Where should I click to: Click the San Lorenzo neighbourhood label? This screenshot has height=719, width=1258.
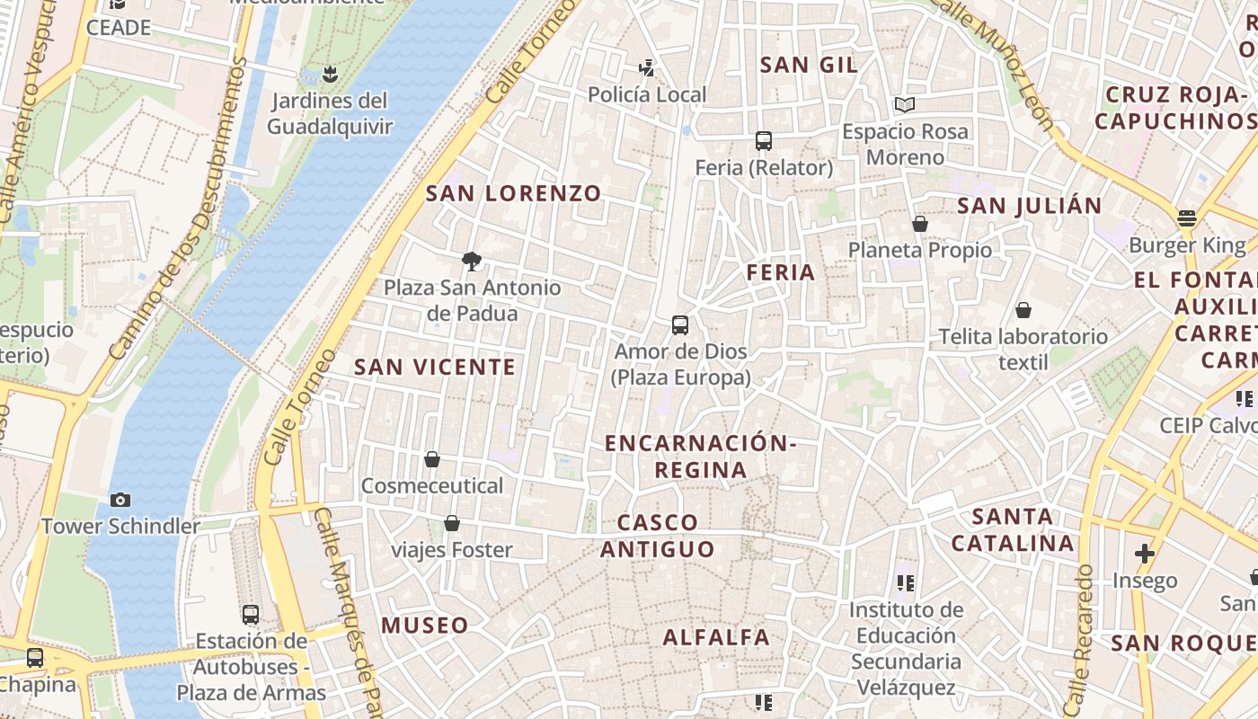[x=513, y=193]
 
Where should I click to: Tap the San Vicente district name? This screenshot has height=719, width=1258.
[x=435, y=367]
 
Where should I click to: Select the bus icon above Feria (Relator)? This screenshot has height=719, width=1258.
[x=764, y=141]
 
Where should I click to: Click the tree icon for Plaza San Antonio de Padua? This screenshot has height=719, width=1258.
[x=471, y=262]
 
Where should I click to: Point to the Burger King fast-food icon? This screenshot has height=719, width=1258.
[x=1187, y=218]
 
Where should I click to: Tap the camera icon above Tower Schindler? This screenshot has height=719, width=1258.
[x=120, y=500]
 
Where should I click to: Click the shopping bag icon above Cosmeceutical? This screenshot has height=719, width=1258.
[x=432, y=459]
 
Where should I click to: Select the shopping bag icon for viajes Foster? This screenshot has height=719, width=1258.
[x=452, y=523]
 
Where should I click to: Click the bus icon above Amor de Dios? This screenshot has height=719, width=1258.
[x=680, y=325]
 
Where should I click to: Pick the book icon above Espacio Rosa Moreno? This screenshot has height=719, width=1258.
[x=905, y=105]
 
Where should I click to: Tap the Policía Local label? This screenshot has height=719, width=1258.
[x=647, y=94]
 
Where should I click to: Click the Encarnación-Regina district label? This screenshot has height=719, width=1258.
[x=701, y=457]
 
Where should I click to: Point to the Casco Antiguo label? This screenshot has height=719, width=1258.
[x=658, y=536]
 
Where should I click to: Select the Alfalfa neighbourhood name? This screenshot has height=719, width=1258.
[x=716, y=637]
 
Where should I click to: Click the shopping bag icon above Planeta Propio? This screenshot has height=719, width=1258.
[x=919, y=224]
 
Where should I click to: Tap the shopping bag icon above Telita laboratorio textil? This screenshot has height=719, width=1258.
[x=1023, y=311]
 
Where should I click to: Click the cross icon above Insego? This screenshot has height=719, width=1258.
[x=1144, y=554]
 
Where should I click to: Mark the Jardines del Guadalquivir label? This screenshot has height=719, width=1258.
[x=330, y=113]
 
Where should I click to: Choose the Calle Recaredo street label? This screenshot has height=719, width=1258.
[x=1077, y=638]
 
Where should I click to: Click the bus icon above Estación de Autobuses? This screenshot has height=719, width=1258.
[x=251, y=615]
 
